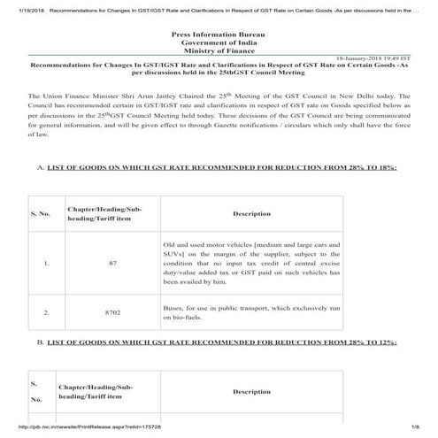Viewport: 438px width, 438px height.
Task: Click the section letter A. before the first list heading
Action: [x=40, y=169]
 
